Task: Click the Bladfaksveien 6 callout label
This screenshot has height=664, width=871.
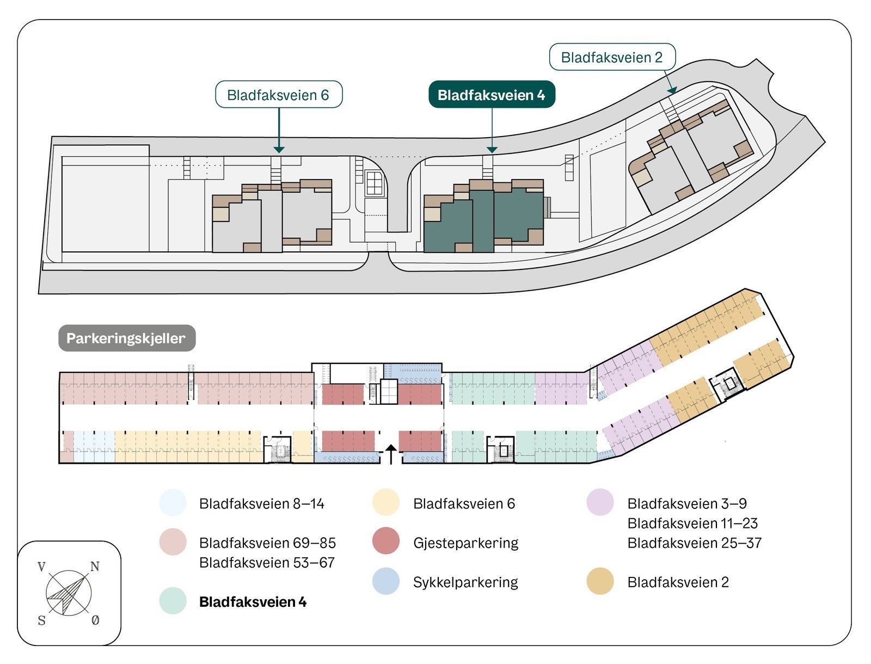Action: [278, 95]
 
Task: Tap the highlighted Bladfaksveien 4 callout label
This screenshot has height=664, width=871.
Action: [491, 95]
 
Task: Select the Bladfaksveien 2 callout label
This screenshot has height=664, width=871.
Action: [612, 57]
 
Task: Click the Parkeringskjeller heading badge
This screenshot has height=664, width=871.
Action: [126, 338]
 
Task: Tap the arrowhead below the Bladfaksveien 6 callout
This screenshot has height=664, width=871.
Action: [279, 149]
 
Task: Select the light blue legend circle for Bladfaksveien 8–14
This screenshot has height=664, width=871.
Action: [173, 503]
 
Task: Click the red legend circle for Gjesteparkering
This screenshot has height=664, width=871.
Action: [386, 542]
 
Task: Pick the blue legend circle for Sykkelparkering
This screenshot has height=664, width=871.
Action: [386, 581]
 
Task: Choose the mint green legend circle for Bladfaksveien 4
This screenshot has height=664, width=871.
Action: [173, 601]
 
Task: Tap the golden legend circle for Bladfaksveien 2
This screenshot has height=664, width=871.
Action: [600, 581]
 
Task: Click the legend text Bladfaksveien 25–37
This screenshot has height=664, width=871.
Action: [694, 543]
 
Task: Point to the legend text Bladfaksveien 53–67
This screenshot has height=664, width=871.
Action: [267, 562]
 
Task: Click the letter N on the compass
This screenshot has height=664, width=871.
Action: [95, 567]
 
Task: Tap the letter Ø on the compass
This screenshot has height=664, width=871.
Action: [95, 620]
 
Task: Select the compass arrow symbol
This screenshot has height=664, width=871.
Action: [68, 593]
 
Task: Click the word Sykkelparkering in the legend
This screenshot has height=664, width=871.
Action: [465, 582]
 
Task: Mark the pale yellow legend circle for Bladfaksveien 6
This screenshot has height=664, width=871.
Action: [386, 503]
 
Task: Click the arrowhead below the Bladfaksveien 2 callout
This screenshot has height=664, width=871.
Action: [673, 90]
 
